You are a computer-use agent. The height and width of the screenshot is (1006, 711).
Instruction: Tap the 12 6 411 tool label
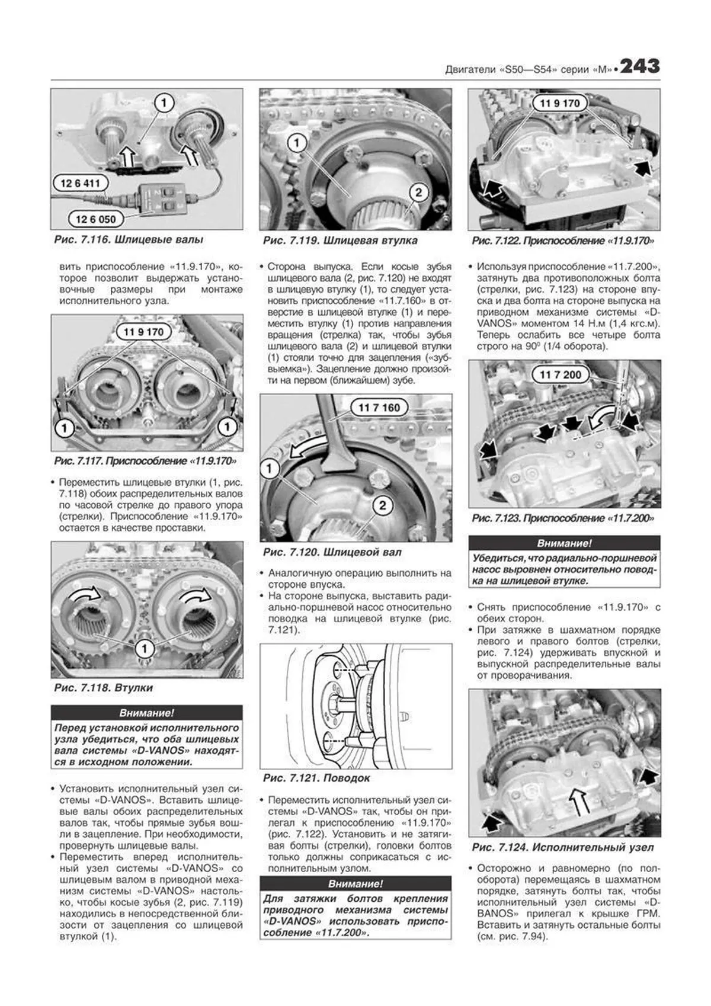[80, 184]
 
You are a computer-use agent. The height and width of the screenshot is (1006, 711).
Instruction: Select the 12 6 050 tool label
[95, 219]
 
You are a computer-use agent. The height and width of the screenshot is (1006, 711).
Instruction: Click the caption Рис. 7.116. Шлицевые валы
[129, 240]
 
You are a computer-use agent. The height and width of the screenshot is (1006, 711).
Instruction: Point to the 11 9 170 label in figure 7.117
[143, 332]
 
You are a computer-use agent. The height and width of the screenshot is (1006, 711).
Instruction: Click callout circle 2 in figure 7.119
[418, 193]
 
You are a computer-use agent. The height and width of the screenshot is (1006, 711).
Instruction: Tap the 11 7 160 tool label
[379, 408]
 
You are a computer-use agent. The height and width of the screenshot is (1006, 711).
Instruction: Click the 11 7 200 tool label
[560, 374]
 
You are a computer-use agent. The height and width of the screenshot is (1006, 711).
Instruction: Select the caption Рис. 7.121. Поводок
[316, 778]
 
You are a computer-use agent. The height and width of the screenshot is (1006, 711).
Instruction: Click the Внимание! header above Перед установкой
[146, 713]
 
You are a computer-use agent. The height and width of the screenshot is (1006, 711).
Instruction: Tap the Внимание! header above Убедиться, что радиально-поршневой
[564, 543]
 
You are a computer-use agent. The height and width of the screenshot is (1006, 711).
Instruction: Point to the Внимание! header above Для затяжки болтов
[355, 883]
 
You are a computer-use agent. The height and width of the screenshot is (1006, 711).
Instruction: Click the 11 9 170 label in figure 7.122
[559, 103]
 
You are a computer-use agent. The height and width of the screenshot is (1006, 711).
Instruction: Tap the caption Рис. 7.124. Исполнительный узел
[563, 848]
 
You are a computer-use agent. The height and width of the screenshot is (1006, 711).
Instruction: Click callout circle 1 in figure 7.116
[164, 103]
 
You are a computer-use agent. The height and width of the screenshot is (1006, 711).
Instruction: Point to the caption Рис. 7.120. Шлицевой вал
[332, 552]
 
